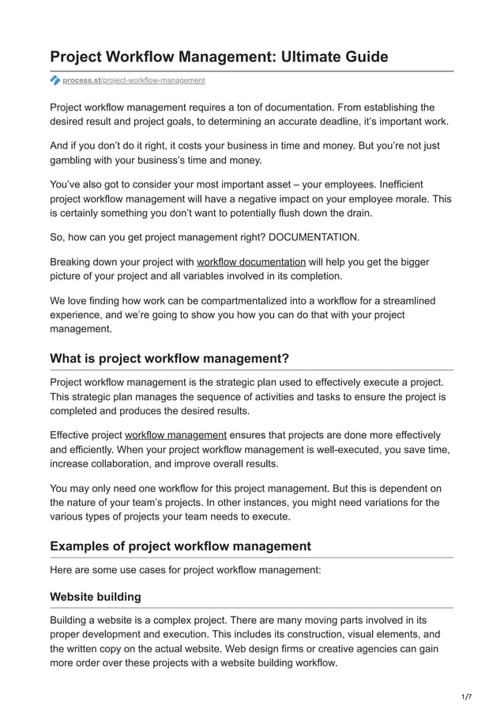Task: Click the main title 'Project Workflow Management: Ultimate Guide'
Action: point(219,57)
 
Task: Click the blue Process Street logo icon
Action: point(55,80)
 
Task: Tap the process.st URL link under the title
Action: point(134,80)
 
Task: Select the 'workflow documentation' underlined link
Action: point(251,262)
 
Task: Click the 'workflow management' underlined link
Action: point(175,435)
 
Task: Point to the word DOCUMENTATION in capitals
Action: point(314,236)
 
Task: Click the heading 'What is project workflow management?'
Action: point(169,358)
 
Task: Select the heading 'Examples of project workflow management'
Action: point(180,546)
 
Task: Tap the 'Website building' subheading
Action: point(95,595)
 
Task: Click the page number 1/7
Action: point(466,697)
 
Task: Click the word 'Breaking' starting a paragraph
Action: point(73,262)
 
